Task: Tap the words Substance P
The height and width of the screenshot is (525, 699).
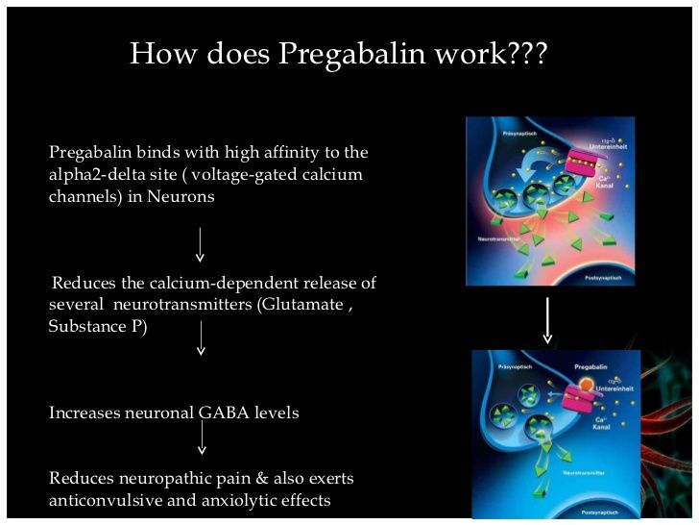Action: click(x=97, y=327)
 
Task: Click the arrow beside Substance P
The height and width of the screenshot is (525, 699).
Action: click(x=200, y=338)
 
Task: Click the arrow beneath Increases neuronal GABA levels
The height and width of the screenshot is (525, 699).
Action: click(x=202, y=437)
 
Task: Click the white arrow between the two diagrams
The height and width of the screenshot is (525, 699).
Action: click(x=547, y=320)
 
